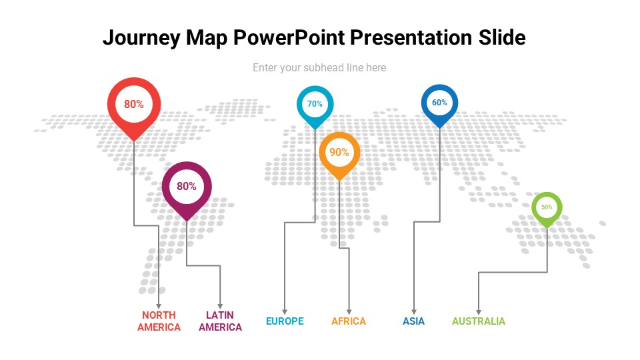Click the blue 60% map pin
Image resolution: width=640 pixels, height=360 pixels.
click(x=439, y=103)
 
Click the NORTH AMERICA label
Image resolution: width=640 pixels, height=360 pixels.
click(x=159, y=321)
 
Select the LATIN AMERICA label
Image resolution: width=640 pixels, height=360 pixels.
click(x=220, y=321)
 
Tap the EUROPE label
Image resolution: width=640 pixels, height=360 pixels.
click(x=285, y=321)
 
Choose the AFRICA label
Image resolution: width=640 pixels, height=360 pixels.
click(x=349, y=321)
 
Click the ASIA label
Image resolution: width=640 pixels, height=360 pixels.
click(x=413, y=321)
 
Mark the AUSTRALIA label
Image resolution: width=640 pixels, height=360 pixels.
click(x=479, y=321)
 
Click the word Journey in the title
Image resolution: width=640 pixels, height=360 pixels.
click(x=141, y=38)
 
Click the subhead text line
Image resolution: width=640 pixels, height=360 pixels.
click(x=319, y=67)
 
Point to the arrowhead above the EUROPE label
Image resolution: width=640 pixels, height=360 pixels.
click(x=285, y=310)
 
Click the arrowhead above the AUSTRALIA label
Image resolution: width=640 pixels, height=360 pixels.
click(x=478, y=310)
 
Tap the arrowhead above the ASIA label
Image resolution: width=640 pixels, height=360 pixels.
click(x=414, y=310)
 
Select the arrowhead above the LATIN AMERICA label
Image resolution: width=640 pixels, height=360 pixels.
click(x=220, y=305)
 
